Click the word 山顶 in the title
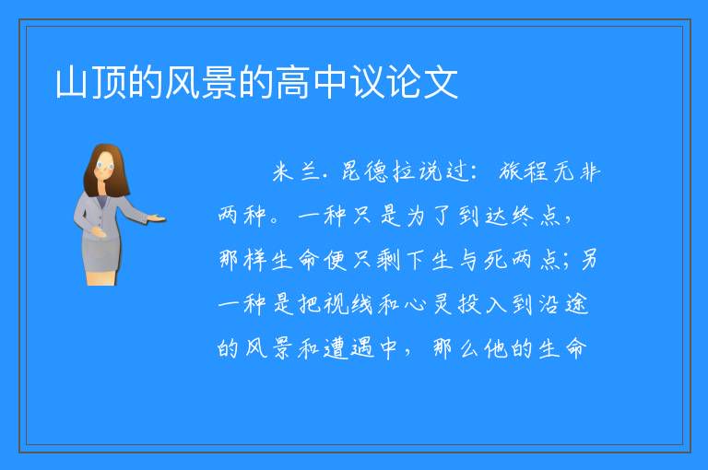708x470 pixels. (x=90, y=83)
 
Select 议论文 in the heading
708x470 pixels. (x=405, y=83)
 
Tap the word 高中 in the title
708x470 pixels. (x=312, y=83)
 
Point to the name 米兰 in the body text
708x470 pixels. (x=296, y=171)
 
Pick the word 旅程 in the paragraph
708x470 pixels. (x=523, y=171)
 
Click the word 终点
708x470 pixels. (x=536, y=216)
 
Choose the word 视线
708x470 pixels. (x=348, y=304)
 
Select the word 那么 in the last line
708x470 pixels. (x=455, y=348)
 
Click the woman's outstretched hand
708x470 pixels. (x=157, y=219)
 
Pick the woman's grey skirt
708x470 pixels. (x=101, y=253)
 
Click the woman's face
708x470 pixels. (x=105, y=166)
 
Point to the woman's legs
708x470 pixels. (x=101, y=277)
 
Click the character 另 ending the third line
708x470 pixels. (x=588, y=260)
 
